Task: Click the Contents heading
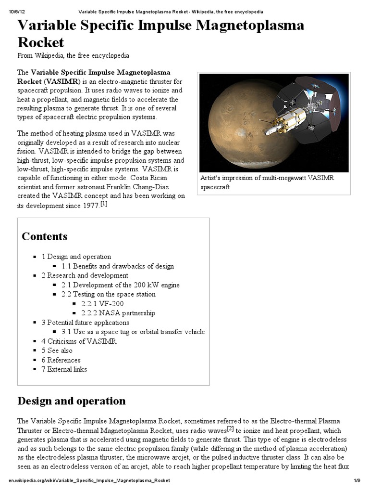45,236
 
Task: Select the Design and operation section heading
72,401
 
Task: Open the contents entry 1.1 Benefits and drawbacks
118,266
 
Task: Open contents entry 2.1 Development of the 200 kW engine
120,285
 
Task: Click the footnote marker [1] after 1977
104,204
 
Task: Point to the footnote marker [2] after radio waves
230,428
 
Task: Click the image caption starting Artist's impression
267,182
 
